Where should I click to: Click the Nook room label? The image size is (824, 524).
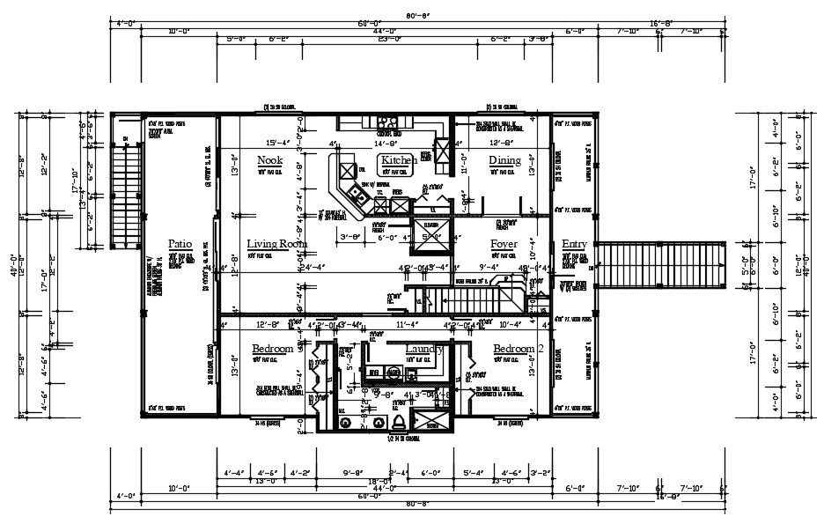coord(269,160)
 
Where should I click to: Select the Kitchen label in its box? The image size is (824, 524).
coord(399,160)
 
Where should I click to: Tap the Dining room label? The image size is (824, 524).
coord(504,160)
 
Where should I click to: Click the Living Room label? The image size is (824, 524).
coord(276,243)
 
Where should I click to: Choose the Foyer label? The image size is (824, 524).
coord(504,243)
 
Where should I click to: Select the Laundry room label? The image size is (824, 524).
coord(423,350)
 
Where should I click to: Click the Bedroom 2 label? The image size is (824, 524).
coord(519,350)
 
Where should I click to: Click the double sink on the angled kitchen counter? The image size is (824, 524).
coord(356,192)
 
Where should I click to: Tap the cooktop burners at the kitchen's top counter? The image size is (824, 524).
coord(387,122)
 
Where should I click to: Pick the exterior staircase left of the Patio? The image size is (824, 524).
coord(129,195)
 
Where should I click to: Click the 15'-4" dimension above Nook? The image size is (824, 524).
coord(277,143)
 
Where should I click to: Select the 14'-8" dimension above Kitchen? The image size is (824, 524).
coord(388,143)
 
